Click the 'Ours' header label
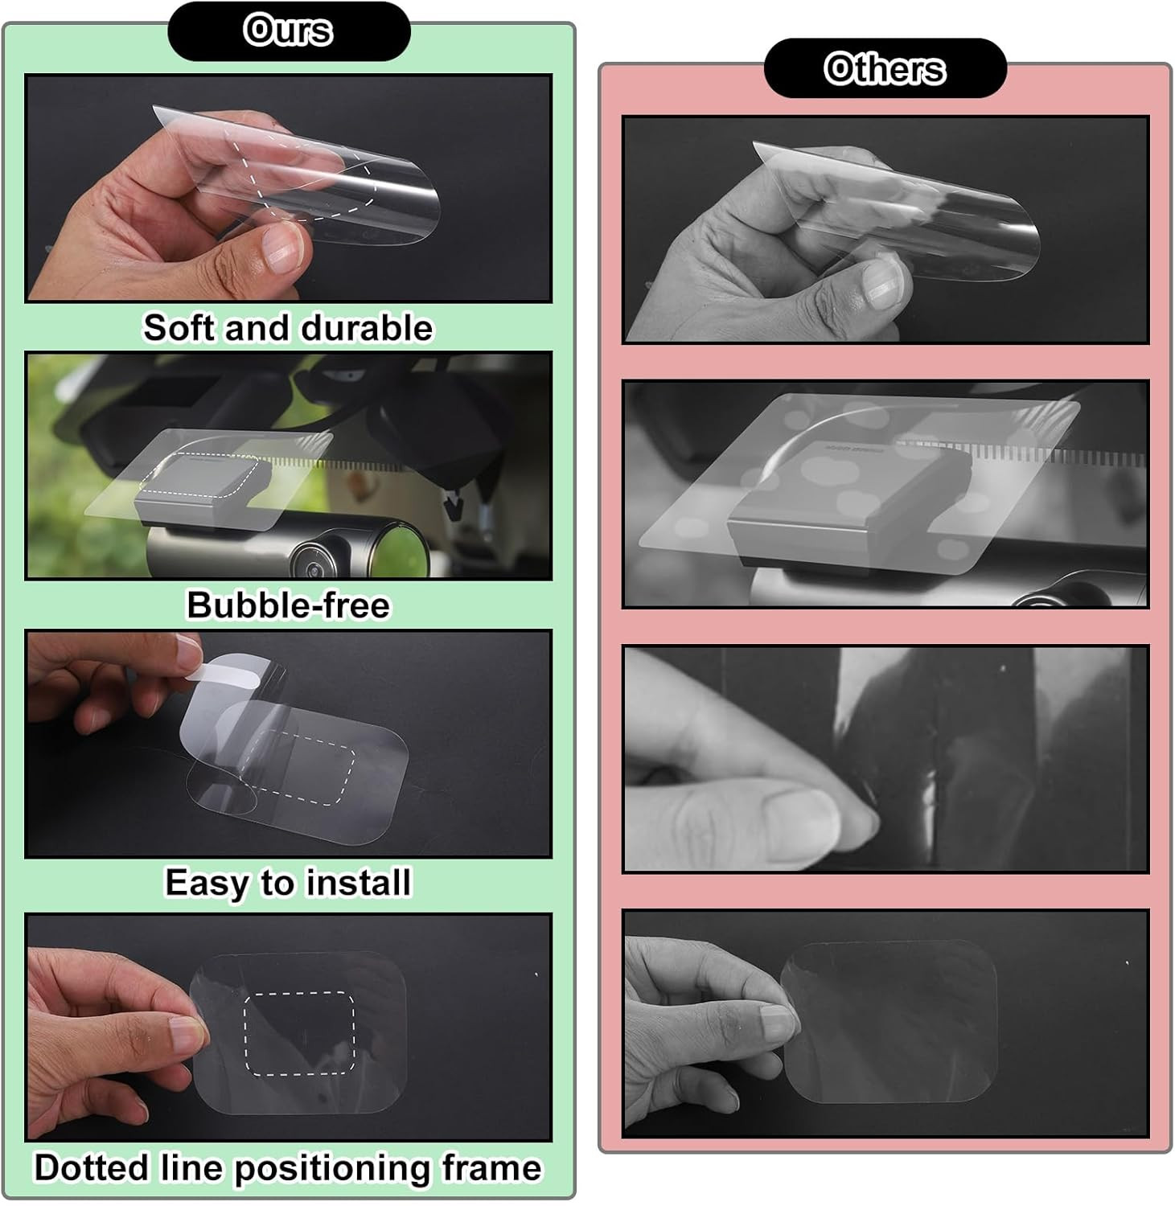[288, 31]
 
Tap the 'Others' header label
[885, 68]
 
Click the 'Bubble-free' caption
[288, 605]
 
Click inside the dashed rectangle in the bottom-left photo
[299, 1034]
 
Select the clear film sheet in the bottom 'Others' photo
[889, 1021]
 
